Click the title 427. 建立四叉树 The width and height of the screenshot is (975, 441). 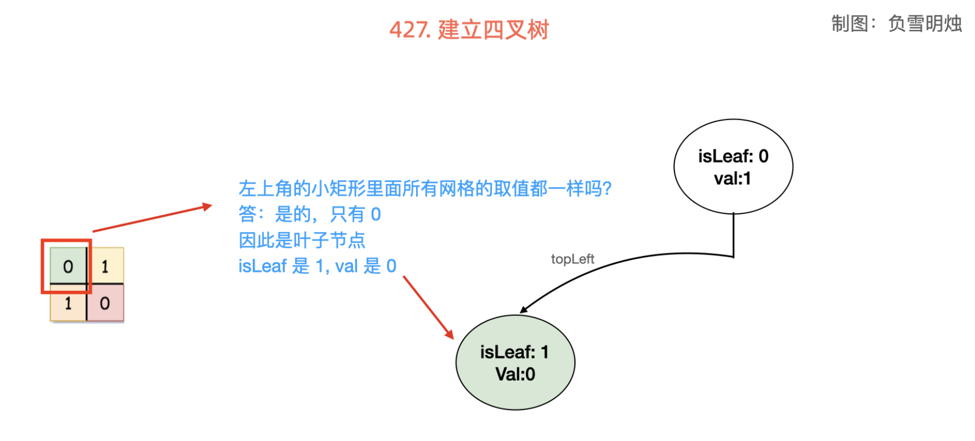tap(469, 30)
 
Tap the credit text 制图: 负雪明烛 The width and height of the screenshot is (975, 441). tap(896, 24)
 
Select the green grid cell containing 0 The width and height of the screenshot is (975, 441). tap(68, 267)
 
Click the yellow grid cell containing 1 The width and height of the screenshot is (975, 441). tap(105, 267)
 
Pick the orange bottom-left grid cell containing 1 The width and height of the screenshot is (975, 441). tap(68, 303)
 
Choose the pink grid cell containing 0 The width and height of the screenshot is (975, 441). tap(105, 303)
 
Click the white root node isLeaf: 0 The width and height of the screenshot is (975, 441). tap(733, 166)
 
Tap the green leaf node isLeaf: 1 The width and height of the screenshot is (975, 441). tap(515, 363)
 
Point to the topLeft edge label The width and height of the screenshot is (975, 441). tap(572, 259)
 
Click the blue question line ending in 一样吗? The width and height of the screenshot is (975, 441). tap(425, 189)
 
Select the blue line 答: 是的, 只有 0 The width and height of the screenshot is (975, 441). tap(310, 214)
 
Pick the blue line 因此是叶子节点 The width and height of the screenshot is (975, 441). tap(302, 240)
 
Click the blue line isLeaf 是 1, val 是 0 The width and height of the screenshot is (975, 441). tap(317, 266)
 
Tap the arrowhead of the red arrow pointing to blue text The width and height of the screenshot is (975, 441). tap(208, 206)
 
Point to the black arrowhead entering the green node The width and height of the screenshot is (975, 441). tap(524, 310)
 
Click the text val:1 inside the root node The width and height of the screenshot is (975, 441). tap(733, 179)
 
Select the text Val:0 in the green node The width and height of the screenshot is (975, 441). tap(515, 375)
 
